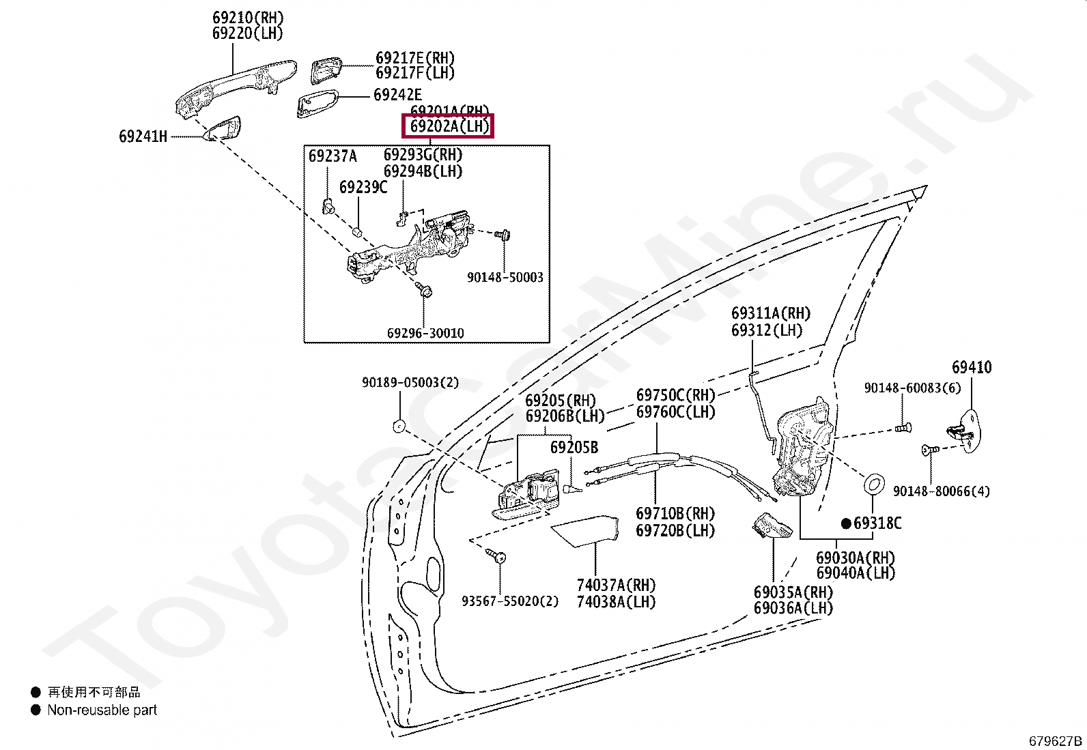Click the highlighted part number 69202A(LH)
[449, 126]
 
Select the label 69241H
[143, 136]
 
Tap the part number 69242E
[397, 95]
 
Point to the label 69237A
[333, 156]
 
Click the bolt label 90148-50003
[505, 277]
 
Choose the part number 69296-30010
[425, 333]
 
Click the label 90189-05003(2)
[410, 383]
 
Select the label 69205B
[574, 448]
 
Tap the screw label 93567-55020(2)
[509, 601]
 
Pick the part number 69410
[971, 368]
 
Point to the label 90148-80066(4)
[941, 491]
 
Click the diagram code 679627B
[1056, 741]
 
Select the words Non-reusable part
[102, 710]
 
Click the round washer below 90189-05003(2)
[399, 427]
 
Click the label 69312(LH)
[766, 330]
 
